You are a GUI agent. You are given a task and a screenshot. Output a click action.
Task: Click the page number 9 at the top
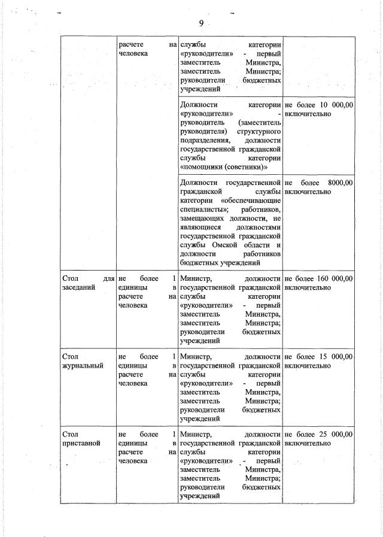tap(201, 23)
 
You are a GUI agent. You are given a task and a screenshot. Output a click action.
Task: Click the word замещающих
tap(203, 219)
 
